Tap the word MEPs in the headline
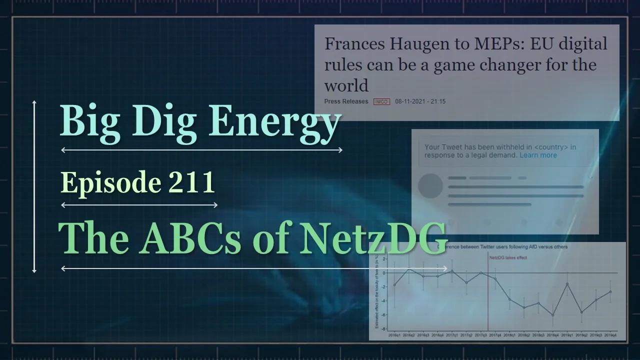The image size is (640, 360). [x=501, y=44]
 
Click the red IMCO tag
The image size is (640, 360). [x=381, y=101]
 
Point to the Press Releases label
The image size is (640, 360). [x=346, y=101]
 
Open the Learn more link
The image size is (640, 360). [x=538, y=155]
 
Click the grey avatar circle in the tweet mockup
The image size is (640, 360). [x=430, y=186]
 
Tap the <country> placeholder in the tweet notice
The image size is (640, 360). [x=551, y=147]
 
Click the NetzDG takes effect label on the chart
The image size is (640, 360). [x=508, y=257]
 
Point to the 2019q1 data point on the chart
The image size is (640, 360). [x=567, y=284]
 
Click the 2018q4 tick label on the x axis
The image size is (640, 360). [x=552, y=335]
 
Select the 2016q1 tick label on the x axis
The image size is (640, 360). [x=394, y=335]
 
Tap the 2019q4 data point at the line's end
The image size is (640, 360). [x=610, y=291]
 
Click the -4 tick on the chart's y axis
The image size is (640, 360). [x=383, y=301]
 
